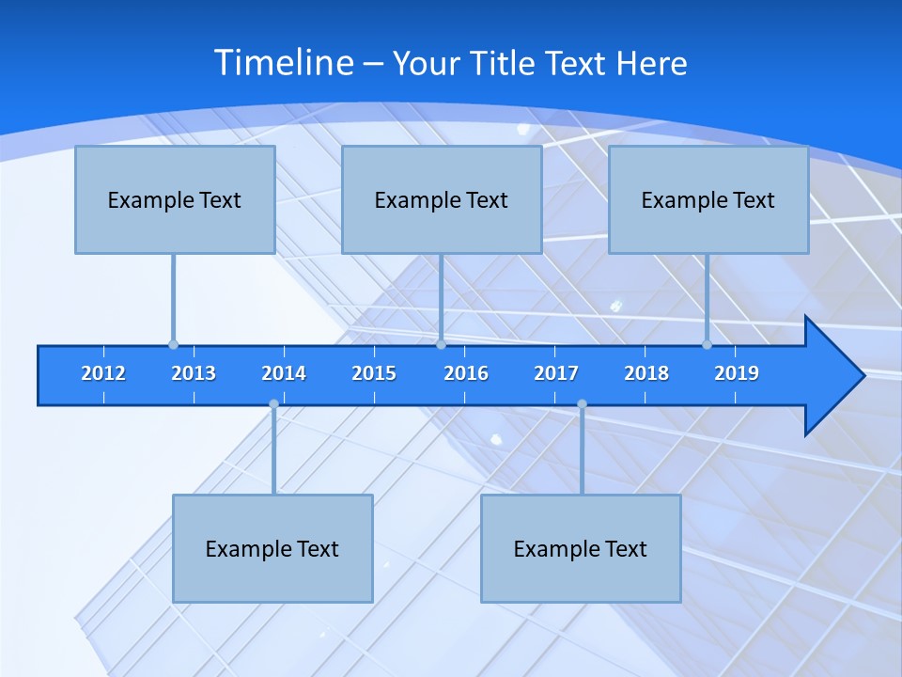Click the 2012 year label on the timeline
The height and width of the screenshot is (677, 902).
coord(103,373)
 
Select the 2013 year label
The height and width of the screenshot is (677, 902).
coord(194,373)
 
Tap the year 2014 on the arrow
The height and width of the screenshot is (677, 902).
coord(284,373)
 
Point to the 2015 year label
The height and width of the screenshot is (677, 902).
coord(374,373)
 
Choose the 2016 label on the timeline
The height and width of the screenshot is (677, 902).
coord(466,373)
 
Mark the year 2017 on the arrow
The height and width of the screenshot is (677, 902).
coord(556,373)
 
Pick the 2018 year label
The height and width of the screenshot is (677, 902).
coord(646,373)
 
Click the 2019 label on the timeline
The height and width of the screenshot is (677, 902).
coord(737,373)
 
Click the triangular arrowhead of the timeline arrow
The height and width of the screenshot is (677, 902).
coord(832,376)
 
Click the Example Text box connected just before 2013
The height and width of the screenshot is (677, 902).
coord(175,199)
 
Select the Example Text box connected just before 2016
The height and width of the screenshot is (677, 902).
coord(442,199)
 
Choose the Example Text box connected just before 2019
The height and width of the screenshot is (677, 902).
coord(708,199)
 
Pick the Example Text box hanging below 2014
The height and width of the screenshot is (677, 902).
coord(272,548)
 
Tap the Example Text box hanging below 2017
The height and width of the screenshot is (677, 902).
coord(581,548)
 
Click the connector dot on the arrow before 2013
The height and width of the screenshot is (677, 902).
coord(173,345)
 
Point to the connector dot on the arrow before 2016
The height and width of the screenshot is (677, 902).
coord(441,345)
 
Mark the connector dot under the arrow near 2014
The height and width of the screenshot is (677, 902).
coord(273,404)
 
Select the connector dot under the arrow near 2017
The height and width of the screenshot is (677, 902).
coord(582,404)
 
